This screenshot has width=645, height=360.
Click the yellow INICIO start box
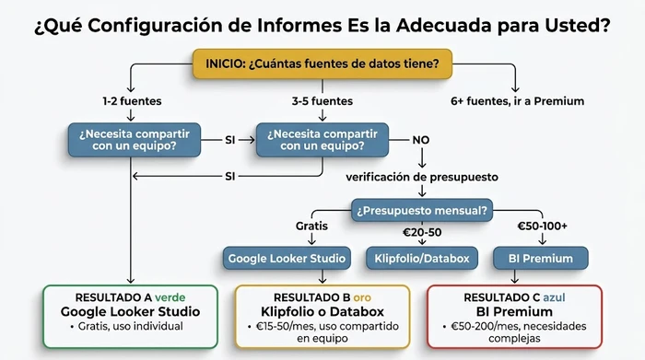322,64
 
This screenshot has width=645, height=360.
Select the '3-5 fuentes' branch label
322,100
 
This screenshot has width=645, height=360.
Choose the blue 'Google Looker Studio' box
287,258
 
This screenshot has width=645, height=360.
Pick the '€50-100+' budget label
544,226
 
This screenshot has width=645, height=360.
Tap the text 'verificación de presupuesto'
421,176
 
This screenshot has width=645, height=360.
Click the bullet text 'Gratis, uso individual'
135,327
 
